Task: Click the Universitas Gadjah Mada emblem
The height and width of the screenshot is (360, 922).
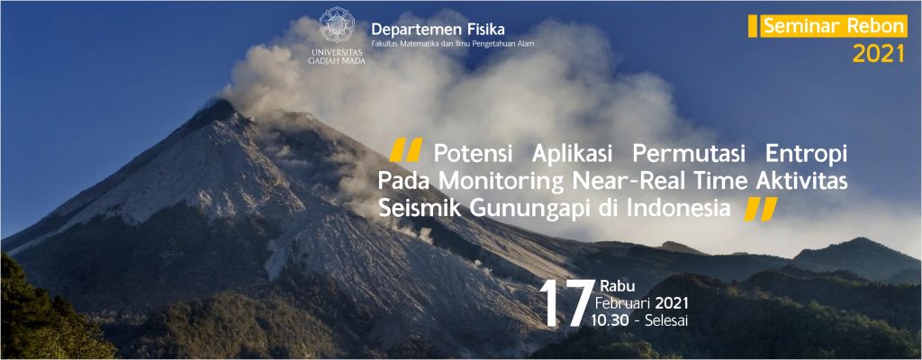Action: (337, 24)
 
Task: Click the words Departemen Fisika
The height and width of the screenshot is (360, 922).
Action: (438, 29)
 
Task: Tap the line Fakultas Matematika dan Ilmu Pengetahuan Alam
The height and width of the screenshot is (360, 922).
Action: (453, 43)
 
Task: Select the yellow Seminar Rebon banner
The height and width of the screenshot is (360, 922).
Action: (828, 26)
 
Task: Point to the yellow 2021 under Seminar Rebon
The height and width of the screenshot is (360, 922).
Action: (879, 54)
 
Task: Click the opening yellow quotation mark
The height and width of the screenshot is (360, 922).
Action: (406, 150)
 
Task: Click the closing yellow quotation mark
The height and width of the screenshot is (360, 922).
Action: (761, 209)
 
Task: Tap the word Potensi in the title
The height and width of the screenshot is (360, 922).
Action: (474, 154)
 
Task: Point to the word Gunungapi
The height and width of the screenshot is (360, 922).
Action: (514, 210)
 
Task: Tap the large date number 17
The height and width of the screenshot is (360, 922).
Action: (565, 303)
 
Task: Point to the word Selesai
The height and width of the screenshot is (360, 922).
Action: (666, 320)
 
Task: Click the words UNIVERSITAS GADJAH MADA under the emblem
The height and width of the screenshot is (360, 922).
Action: (337, 56)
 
